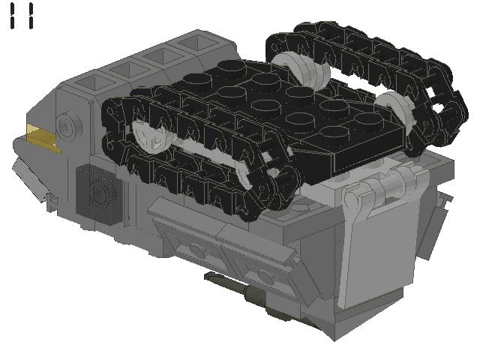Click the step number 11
point(22,16)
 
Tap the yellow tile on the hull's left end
point(42,138)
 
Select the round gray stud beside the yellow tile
point(70,125)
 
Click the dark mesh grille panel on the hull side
point(99,194)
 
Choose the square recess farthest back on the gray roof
point(195,42)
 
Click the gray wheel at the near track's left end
point(150,136)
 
